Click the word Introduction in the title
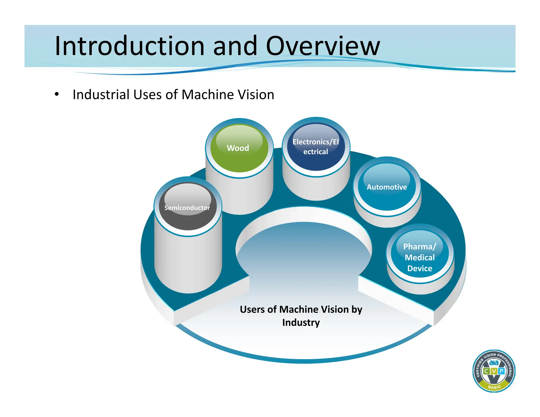tap(129, 46)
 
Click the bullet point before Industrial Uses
tap(57, 94)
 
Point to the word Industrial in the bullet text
tap(101, 95)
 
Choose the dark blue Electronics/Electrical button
tap(316, 147)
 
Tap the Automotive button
tap(387, 187)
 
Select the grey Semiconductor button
tap(187, 207)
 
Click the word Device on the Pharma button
tap(420, 268)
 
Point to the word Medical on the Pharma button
tap(420, 257)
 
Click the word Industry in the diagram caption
tap(301, 322)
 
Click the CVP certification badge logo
tap(494, 371)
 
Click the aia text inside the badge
tap(494, 363)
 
